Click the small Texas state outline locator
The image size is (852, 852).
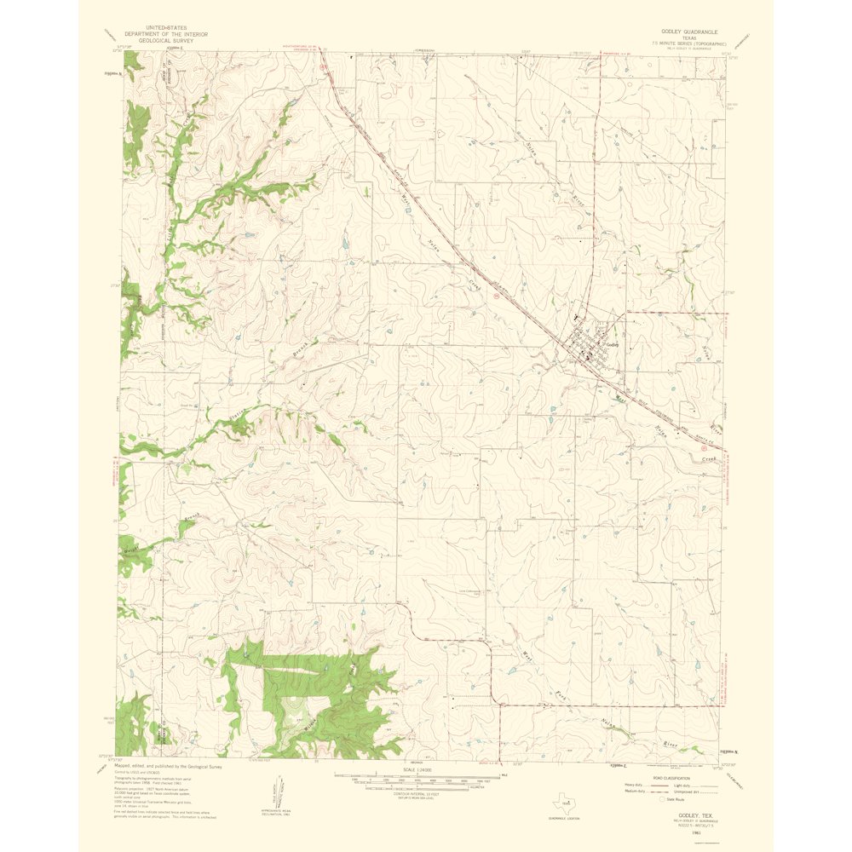(x=565, y=803)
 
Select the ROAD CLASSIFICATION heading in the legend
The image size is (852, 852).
(x=673, y=779)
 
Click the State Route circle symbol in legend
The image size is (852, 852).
(x=667, y=799)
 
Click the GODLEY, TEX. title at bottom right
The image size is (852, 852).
(x=689, y=815)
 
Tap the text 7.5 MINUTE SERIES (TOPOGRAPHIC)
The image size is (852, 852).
(x=689, y=42)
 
